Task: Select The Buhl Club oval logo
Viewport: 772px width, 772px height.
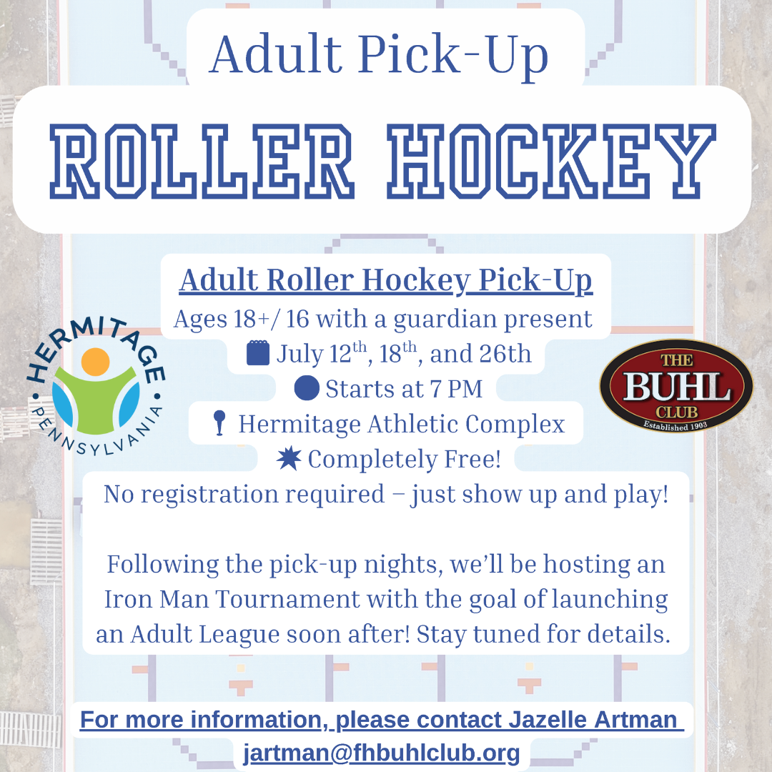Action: click(675, 386)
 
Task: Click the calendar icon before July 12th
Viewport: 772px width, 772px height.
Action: click(258, 353)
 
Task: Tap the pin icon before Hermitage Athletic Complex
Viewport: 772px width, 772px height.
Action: click(219, 423)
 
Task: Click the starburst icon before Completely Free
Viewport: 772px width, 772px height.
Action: click(289, 460)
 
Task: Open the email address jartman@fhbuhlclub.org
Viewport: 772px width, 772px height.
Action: click(382, 753)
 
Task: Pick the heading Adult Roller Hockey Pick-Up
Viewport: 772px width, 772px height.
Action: click(386, 281)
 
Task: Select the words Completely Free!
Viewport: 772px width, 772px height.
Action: click(405, 460)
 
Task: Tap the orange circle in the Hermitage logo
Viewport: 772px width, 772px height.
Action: click(95, 362)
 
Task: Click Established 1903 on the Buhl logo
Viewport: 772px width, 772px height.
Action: click(675, 427)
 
